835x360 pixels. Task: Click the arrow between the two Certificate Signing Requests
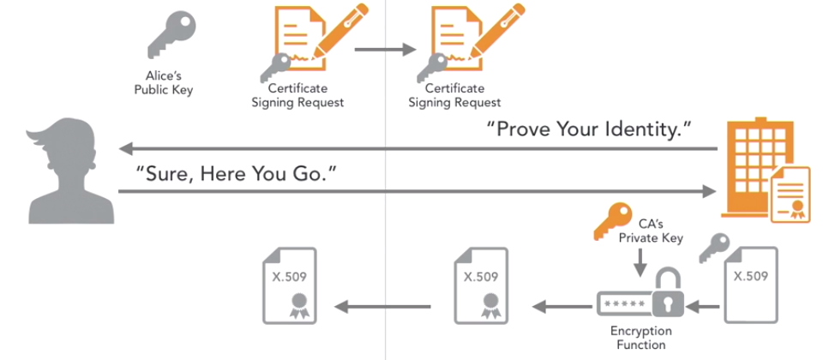[385, 49]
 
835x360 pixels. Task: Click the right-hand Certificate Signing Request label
[454, 95]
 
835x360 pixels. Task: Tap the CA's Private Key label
[651, 231]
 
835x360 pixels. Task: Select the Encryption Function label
[640, 338]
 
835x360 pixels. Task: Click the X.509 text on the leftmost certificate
[289, 277]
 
